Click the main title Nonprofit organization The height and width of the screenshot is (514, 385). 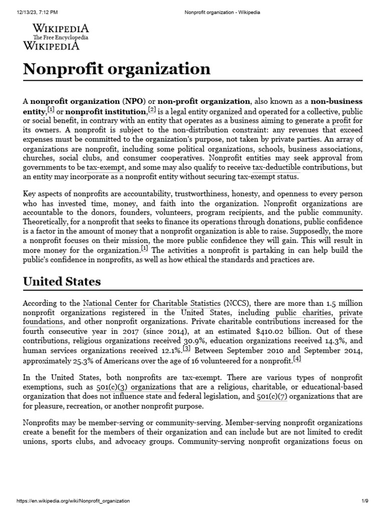[x=117, y=69]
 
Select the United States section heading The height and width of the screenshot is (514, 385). [x=62, y=281]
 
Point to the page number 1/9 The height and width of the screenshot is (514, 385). [x=365, y=501]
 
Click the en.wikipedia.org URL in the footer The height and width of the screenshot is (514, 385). [x=73, y=501]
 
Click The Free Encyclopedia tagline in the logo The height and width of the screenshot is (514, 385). [x=61, y=38]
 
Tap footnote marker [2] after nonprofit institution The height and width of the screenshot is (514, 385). [x=152, y=110]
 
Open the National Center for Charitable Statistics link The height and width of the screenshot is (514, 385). [x=151, y=303]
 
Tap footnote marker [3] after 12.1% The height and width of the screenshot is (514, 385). [x=186, y=348]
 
